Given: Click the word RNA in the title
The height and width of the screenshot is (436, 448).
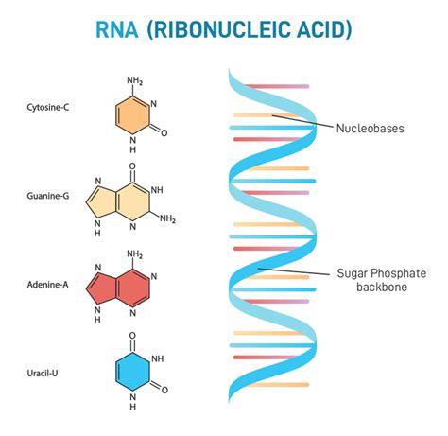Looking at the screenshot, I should coord(121,30).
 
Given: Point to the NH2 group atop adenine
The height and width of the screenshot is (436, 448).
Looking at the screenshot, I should coord(134,253).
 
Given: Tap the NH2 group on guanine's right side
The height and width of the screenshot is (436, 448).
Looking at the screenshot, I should coord(169,219).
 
